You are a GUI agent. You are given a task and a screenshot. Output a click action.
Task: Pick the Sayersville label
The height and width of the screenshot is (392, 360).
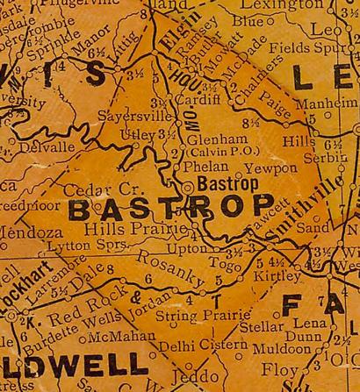point(133,115)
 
